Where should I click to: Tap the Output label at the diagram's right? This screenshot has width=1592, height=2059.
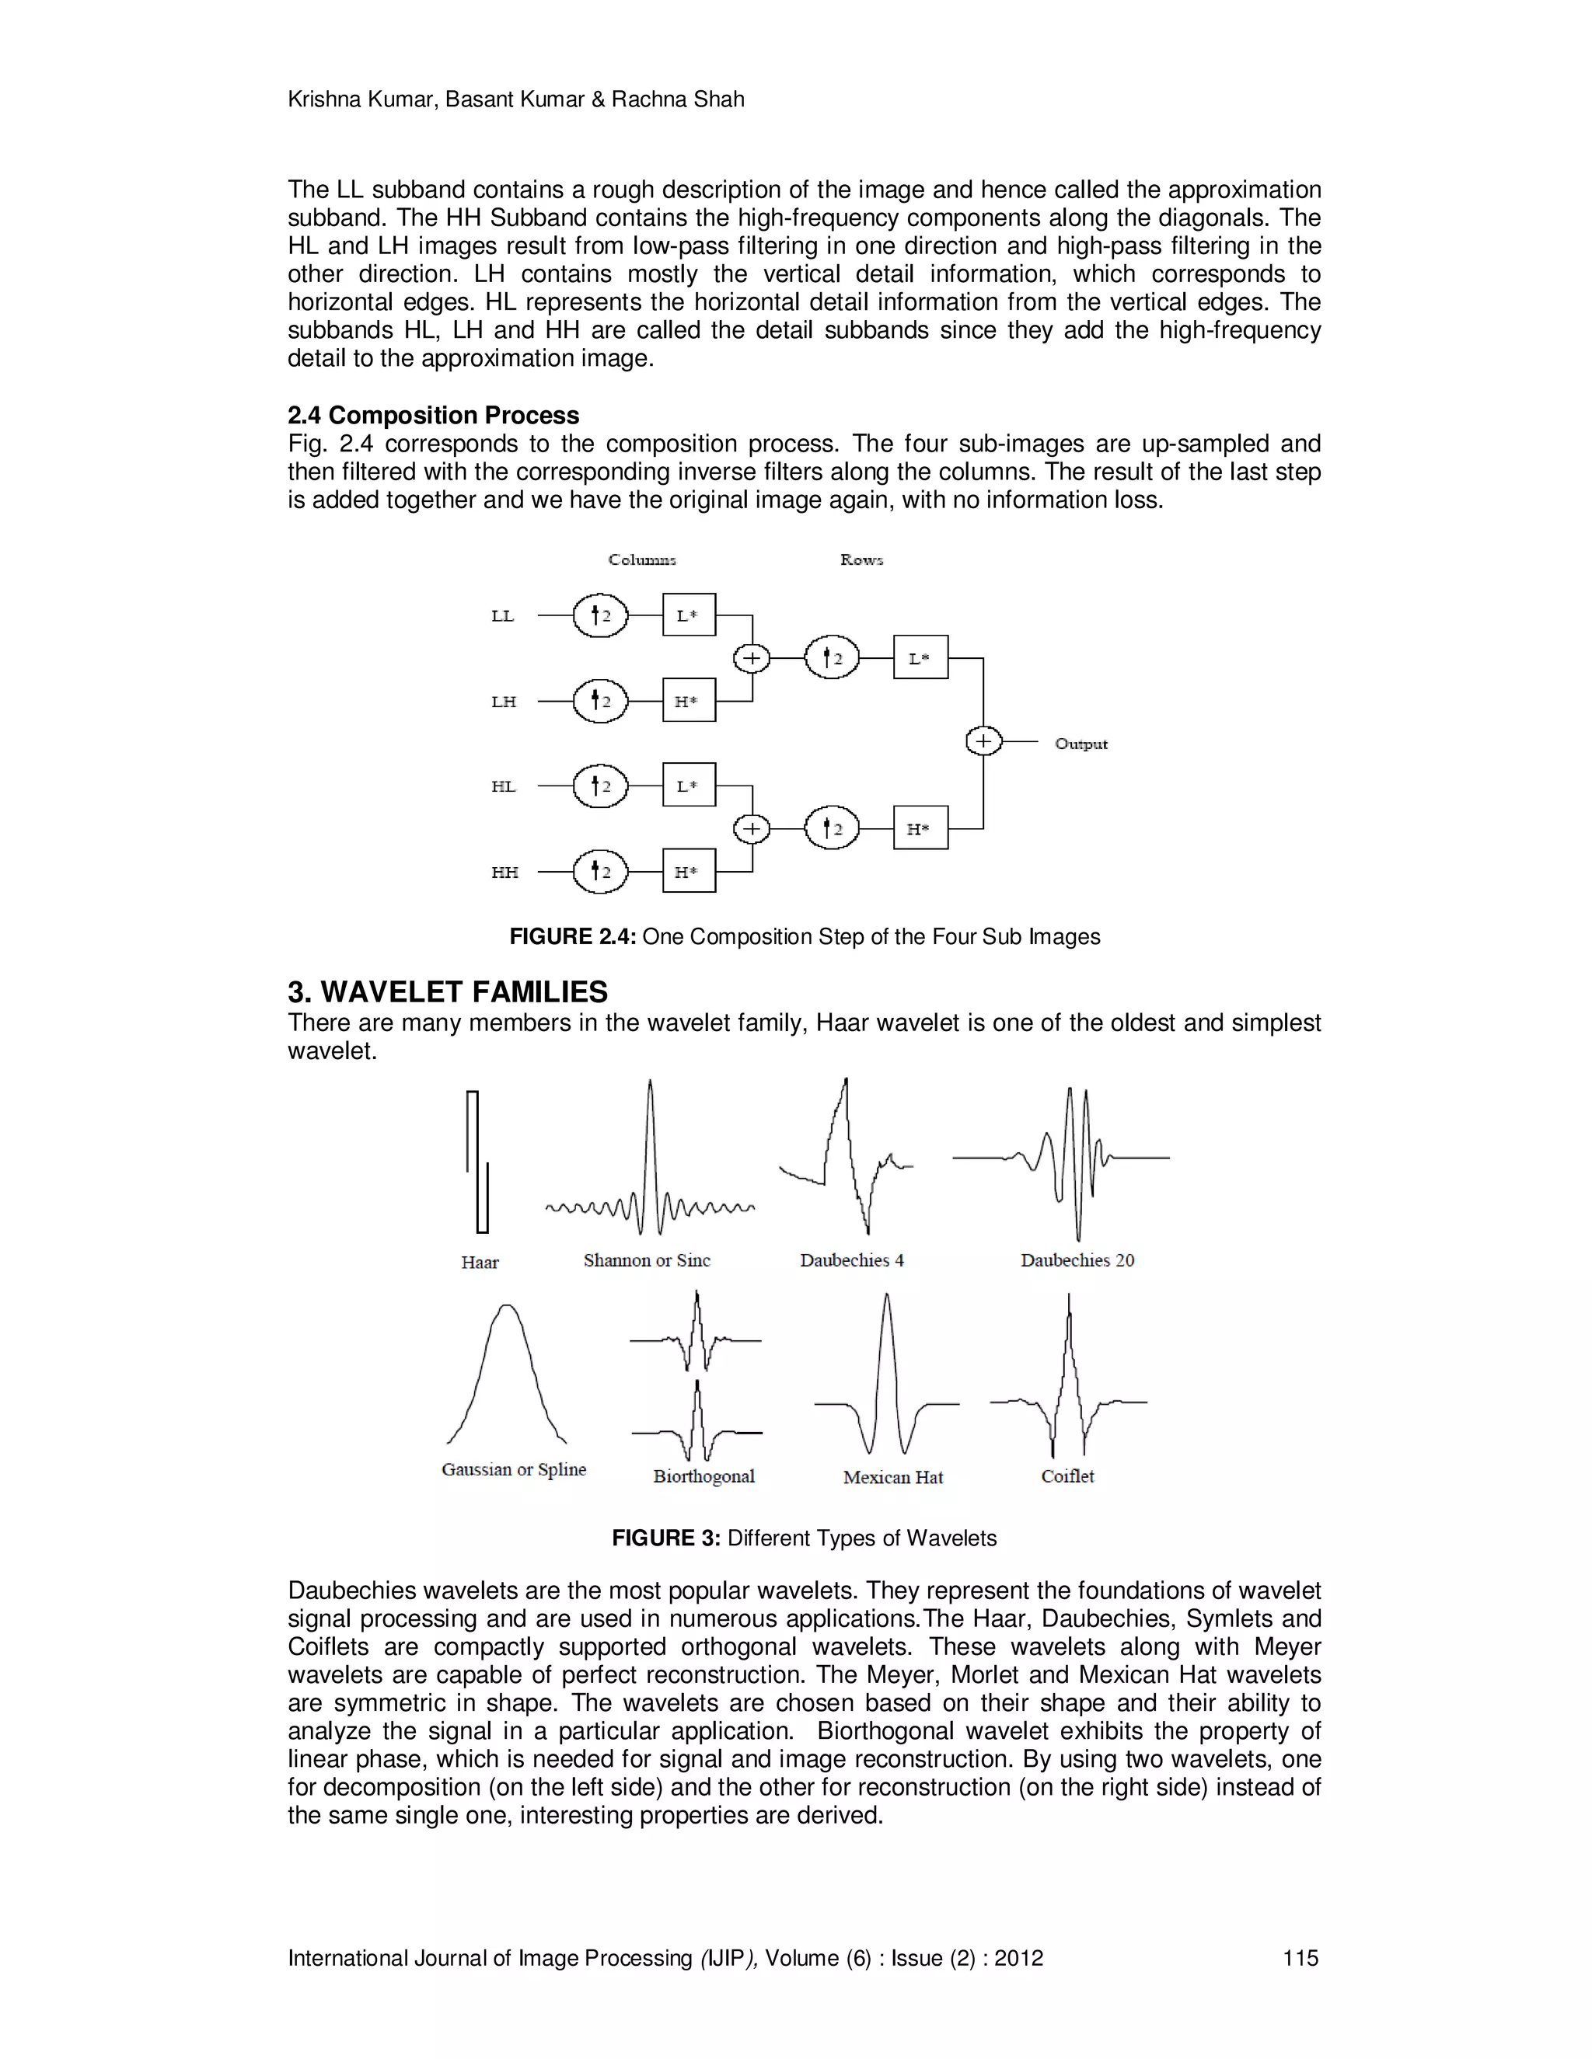click(x=1081, y=744)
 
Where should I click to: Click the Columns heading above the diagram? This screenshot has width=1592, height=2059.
click(x=642, y=560)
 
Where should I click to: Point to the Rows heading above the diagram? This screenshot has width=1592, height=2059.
click(x=861, y=560)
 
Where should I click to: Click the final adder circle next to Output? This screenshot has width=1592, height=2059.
click(x=983, y=742)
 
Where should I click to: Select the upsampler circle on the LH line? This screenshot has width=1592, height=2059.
click(x=600, y=702)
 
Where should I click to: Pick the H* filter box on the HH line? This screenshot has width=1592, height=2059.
click(x=689, y=871)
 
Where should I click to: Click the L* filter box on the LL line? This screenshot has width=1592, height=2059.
click(x=689, y=615)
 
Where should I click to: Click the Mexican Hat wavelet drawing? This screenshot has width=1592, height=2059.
click(x=885, y=1377)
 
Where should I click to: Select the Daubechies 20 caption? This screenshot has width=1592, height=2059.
click(x=1077, y=1260)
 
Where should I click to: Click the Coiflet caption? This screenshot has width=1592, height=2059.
click(x=1067, y=1476)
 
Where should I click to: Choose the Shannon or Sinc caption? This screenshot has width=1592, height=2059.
click(x=646, y=1260)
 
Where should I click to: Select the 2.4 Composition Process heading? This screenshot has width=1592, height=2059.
click(x=433, y=416)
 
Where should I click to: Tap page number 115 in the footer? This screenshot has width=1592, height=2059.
click(x=1300, y=1958)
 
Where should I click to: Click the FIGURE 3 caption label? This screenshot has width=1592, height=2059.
click(x=666, y=1538)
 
